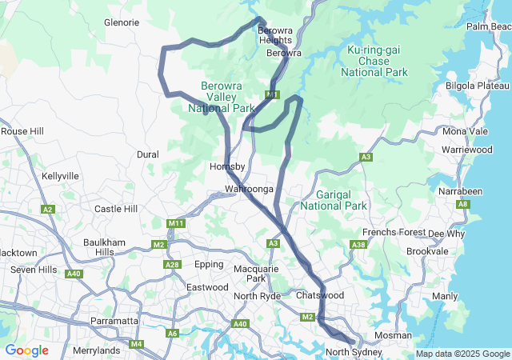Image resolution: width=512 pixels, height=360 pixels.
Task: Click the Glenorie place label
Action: click(x=122, y=22)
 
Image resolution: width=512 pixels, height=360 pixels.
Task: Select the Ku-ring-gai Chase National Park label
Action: click(x=374, y=62)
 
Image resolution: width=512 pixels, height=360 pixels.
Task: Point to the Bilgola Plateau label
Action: click(x=477, y=86)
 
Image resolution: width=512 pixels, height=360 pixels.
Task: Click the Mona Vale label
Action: click(x=465, y=131)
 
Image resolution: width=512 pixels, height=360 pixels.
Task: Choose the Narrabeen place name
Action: click(x=460, y=191)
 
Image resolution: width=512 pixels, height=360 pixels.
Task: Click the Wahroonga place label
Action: click(x=249, y=189)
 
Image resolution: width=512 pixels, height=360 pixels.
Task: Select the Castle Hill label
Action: click(x=116, y=209)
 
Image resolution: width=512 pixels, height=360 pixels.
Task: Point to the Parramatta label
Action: click(x=112, y=321)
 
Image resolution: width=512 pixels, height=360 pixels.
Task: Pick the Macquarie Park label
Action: click(x=255, y=274)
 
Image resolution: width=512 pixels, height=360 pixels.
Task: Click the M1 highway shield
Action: click(x=273, y=95)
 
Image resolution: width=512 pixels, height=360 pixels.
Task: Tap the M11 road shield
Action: click(x=177, y=223)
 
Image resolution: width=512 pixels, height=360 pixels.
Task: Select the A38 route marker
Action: click(x=359, y=245)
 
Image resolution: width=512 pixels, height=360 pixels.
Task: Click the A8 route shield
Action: click(x=463, y=205)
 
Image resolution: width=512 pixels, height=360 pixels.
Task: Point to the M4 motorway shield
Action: click(x=136, y=344)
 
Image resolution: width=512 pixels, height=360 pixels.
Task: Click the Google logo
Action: click(x=26, y=350)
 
